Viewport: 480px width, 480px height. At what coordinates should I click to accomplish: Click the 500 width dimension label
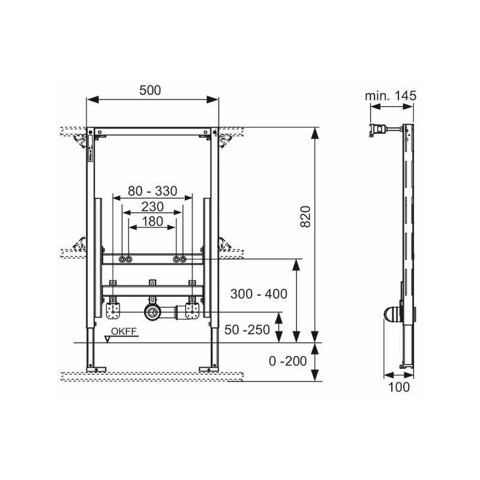click(x=150, y=91)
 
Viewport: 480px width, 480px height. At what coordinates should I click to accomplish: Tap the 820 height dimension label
click(x=305, y=217)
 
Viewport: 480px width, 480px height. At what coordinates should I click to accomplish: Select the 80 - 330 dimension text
click(x=152, y=191)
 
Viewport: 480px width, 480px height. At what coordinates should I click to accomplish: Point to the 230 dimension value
click(x=152, y=207)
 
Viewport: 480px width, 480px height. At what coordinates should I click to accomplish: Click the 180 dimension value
click(x=152, y=221)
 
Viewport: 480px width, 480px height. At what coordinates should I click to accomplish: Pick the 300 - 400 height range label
click(x=259, y=294)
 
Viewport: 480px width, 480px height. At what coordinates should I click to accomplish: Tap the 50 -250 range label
click(x=247, y=329)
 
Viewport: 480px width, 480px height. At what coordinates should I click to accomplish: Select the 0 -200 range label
click(x=288, y=361)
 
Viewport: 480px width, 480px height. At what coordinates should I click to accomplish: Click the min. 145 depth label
click(x=391, y=96)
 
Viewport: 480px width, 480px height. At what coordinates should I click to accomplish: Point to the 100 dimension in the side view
click(x=399, y=387)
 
